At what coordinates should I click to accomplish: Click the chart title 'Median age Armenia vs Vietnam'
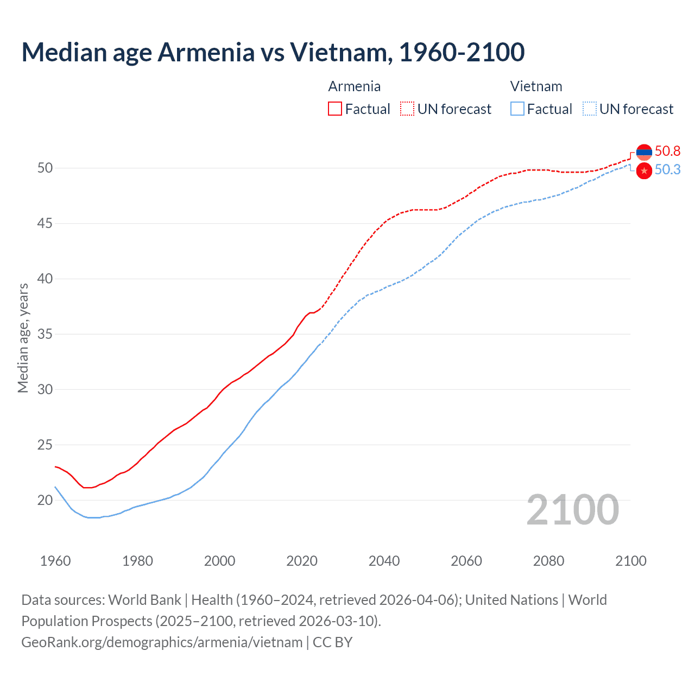tap(273, 52)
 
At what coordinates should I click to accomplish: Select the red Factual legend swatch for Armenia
tap(335, 109)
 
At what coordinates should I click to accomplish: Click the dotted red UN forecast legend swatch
tap(407, 109)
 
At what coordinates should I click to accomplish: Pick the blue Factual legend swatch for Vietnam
tap(517, 109)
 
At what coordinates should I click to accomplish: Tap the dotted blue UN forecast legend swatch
tap(590, 109)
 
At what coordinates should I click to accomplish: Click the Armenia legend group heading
tap(354, 86)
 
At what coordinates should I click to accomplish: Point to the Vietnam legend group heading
tap(536, 86)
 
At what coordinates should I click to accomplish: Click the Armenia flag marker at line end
tap(644, 153)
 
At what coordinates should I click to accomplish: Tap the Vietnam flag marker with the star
tap(644, 170)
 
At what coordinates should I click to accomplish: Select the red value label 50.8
tap(667, 151)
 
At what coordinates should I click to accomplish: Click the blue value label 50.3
tap(667, 170)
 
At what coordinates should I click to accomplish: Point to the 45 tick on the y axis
tap(45, 223)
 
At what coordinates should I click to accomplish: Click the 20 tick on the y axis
tap(45, 500)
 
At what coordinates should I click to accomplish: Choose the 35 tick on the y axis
tap(45, 334)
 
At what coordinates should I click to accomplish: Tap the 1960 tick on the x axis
tap(55, 561)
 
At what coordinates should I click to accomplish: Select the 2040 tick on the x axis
tap(384, 561)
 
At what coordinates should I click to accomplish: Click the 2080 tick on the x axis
tap(548, 561)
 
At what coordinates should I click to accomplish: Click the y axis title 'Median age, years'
tap(23, 338)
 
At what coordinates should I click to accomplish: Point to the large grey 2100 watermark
tap(572, 509)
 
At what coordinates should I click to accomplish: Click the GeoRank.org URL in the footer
tap(162, 642)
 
